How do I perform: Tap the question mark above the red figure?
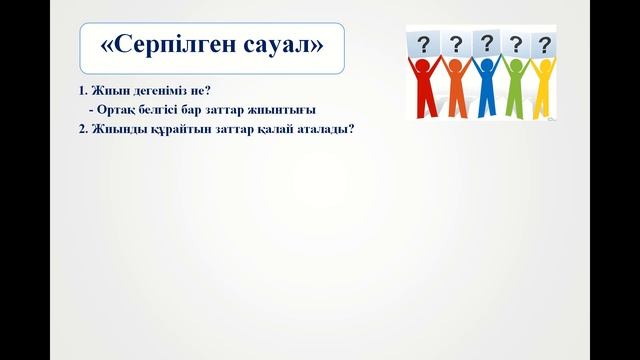tap(424, 44)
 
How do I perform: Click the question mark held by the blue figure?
tap(486, 42)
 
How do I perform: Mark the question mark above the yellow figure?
tap(545, 45)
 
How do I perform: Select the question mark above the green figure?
tap(516, 44)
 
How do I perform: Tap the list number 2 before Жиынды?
tap(81, 129)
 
